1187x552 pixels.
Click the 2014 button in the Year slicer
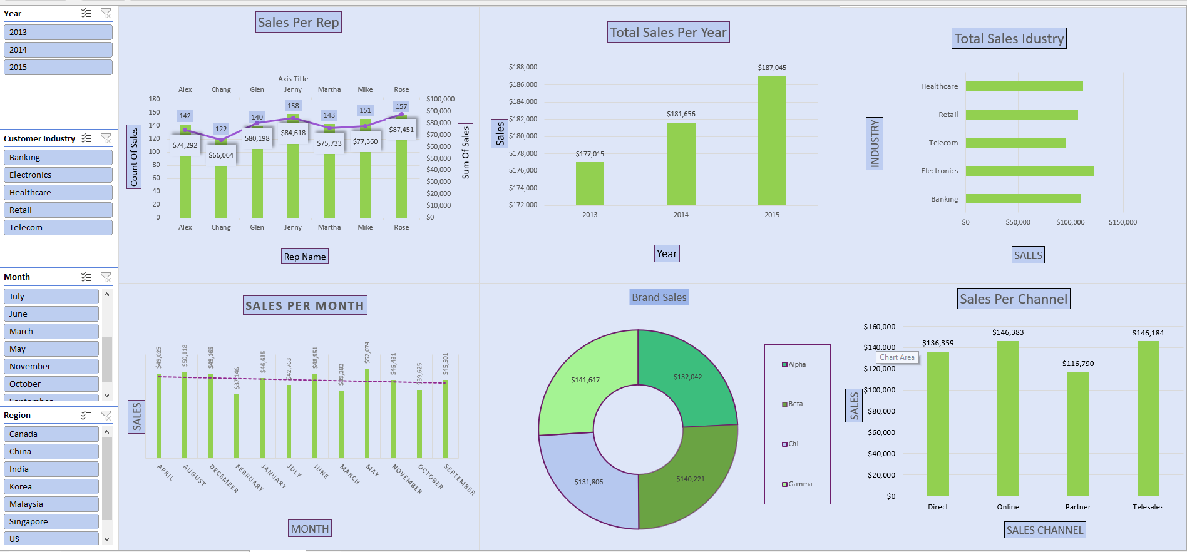pos(58,49)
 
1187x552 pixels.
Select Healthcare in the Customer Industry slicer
pos(58,192)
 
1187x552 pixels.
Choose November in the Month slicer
pos(51,366)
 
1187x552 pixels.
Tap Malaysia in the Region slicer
pos(51,504)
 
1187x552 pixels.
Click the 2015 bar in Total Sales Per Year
pos(772,141)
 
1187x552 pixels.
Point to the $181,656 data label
pos(681,114)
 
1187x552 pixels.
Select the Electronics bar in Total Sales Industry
pos(1029,171)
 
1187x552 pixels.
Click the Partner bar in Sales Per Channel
pos(1078,434)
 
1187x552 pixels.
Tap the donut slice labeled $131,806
pos(588,481)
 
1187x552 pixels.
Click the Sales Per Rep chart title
pos(299,23)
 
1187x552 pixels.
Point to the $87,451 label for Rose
pos(401,130)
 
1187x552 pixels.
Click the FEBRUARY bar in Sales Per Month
pos(237,426)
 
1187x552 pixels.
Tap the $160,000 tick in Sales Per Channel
pos(879,327)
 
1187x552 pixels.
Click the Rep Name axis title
pos(305,257)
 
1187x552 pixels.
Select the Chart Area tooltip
pos(897,357)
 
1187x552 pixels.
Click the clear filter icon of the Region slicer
pos(106,415)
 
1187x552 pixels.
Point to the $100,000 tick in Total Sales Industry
pos(1070,222)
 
